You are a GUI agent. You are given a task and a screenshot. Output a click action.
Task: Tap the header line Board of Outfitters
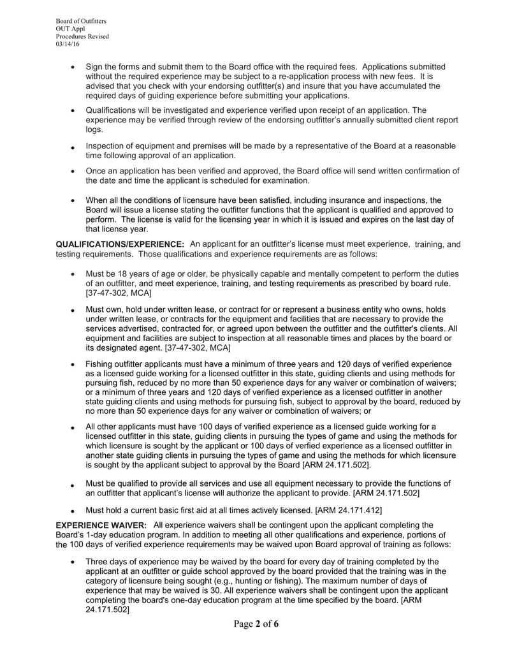81,21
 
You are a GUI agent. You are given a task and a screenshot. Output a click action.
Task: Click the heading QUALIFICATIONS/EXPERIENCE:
120,244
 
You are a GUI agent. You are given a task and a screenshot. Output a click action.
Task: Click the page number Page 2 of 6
255,624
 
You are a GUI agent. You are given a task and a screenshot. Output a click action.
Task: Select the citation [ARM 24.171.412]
349,510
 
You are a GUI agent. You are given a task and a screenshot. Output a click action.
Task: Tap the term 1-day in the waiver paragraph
100,535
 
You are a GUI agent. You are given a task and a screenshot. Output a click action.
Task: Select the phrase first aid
208,510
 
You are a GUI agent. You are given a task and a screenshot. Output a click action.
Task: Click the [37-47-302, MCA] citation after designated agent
197,348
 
